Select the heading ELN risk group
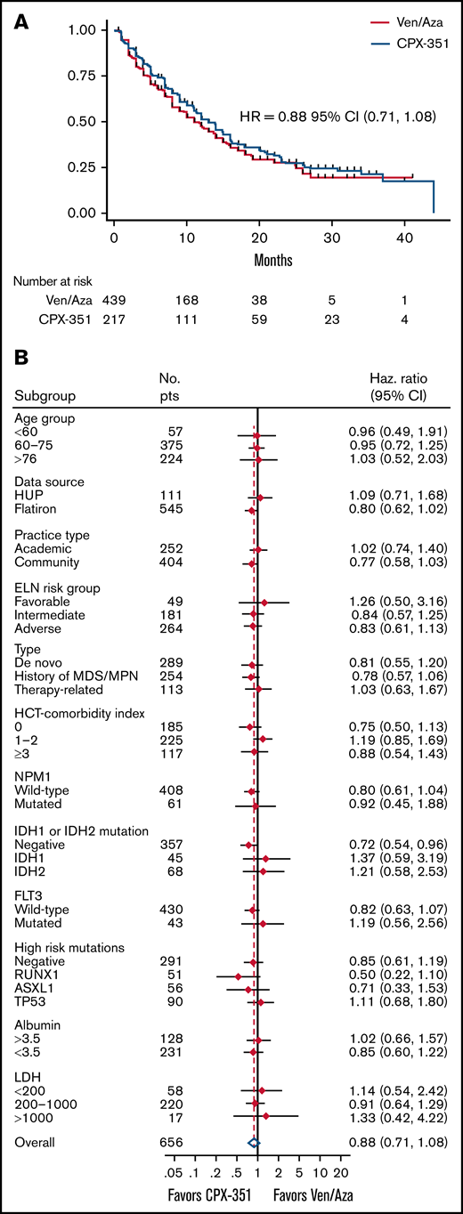[x=56, y=589]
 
